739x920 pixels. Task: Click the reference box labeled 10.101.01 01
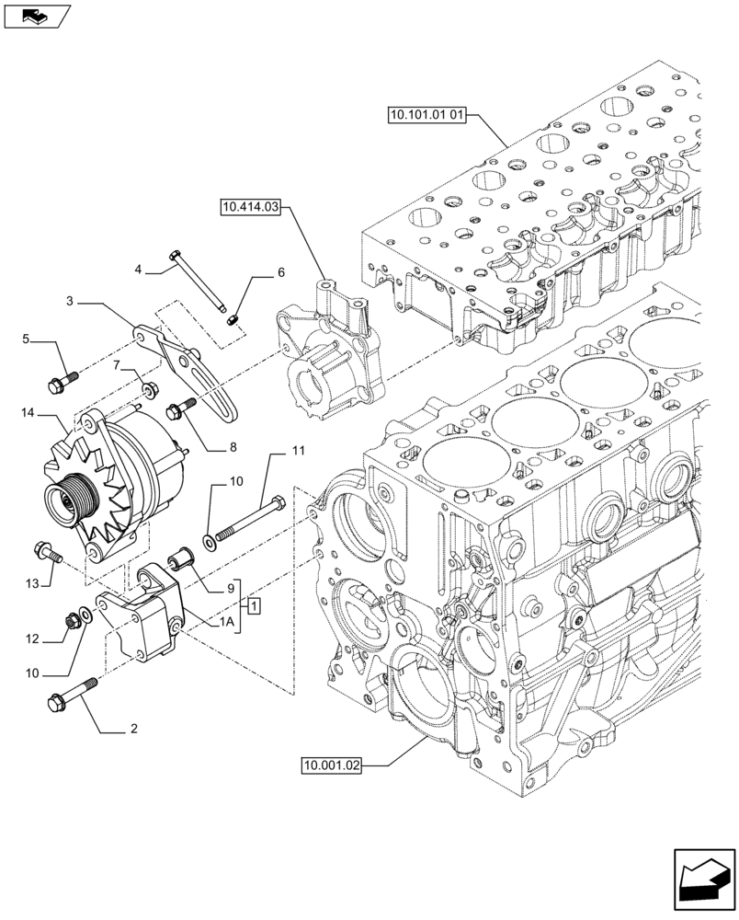click(x=428, y=116)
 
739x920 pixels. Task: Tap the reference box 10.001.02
click(x=331, y=765)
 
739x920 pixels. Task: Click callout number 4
click(x=138, y=270)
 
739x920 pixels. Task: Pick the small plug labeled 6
click(x=233, y=318)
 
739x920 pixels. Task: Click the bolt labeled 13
click(x=46, y=552)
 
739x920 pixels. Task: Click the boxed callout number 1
click(x=254, y=605)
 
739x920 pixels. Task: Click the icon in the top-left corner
click(x=35, y=16)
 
